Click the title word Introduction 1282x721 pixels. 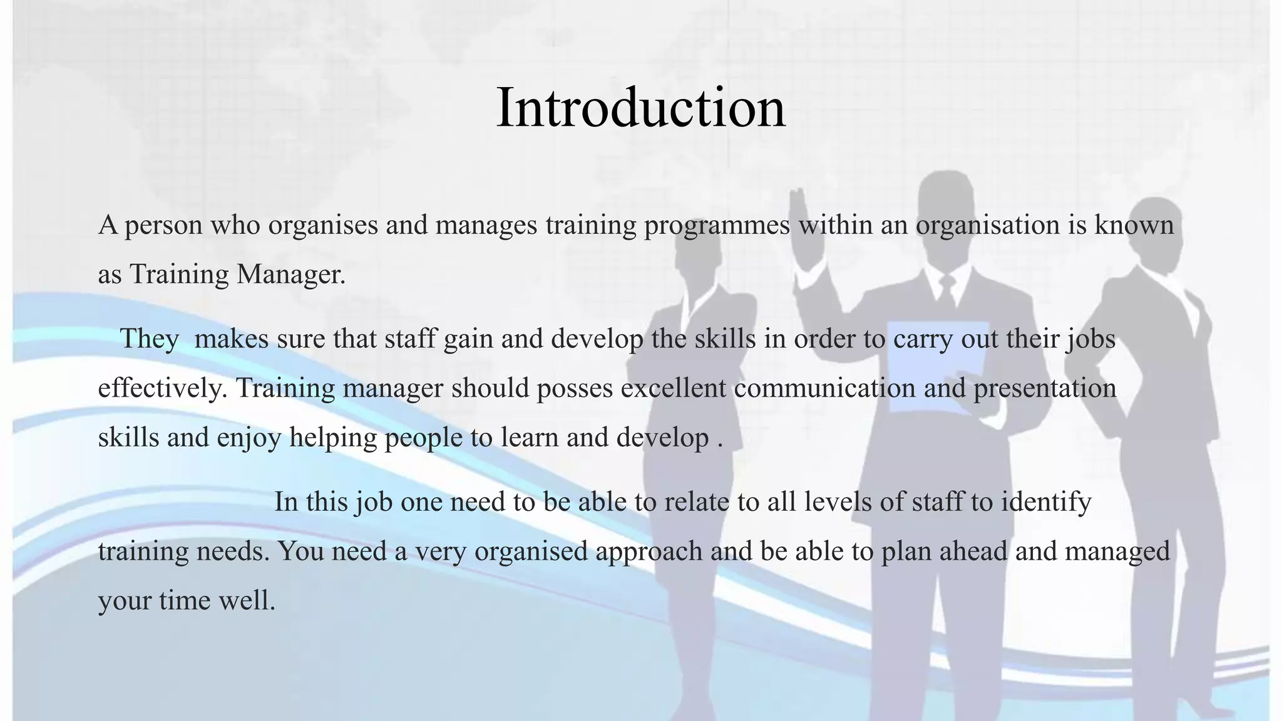tap(640, 108)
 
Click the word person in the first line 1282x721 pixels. tap(163, 225)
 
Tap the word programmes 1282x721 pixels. tap(717, 225)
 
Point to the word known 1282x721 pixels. tap(1134, 225)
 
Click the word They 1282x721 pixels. tap(149, 339)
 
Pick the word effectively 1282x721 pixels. tap(162, 388)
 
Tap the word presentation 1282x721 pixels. tap(1045, 388)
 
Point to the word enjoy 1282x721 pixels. tap(249, 437)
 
